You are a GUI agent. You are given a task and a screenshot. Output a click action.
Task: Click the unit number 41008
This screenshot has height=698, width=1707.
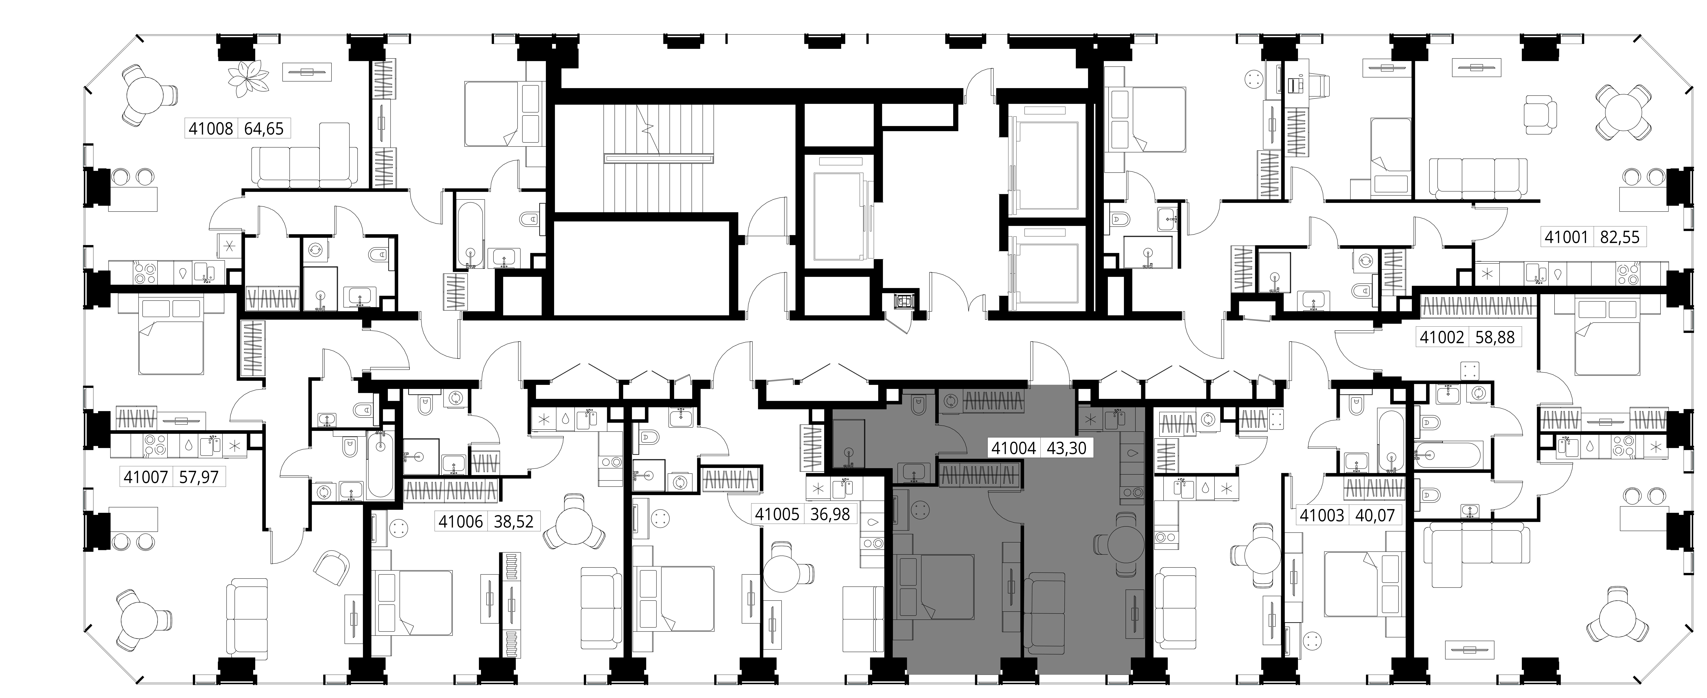(211, 128)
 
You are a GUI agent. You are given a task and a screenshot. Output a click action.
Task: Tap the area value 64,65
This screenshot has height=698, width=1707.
(264, 128)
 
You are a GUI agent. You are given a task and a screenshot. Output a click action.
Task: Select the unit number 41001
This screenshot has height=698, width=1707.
(1566, 237)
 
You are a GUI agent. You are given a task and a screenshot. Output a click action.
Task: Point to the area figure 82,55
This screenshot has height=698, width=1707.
(1620, 237)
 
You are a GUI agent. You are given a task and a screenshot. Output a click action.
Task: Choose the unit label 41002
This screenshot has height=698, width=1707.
(1442, 337)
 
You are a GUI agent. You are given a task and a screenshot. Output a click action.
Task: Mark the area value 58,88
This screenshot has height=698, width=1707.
(1495, 337)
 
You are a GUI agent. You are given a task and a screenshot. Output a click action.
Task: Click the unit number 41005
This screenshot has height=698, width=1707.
(777, 514)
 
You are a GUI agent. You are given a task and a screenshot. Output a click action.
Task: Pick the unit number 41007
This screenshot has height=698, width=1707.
(145, 476)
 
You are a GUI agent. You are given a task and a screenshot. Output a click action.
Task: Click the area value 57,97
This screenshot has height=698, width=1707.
(198, 476)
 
